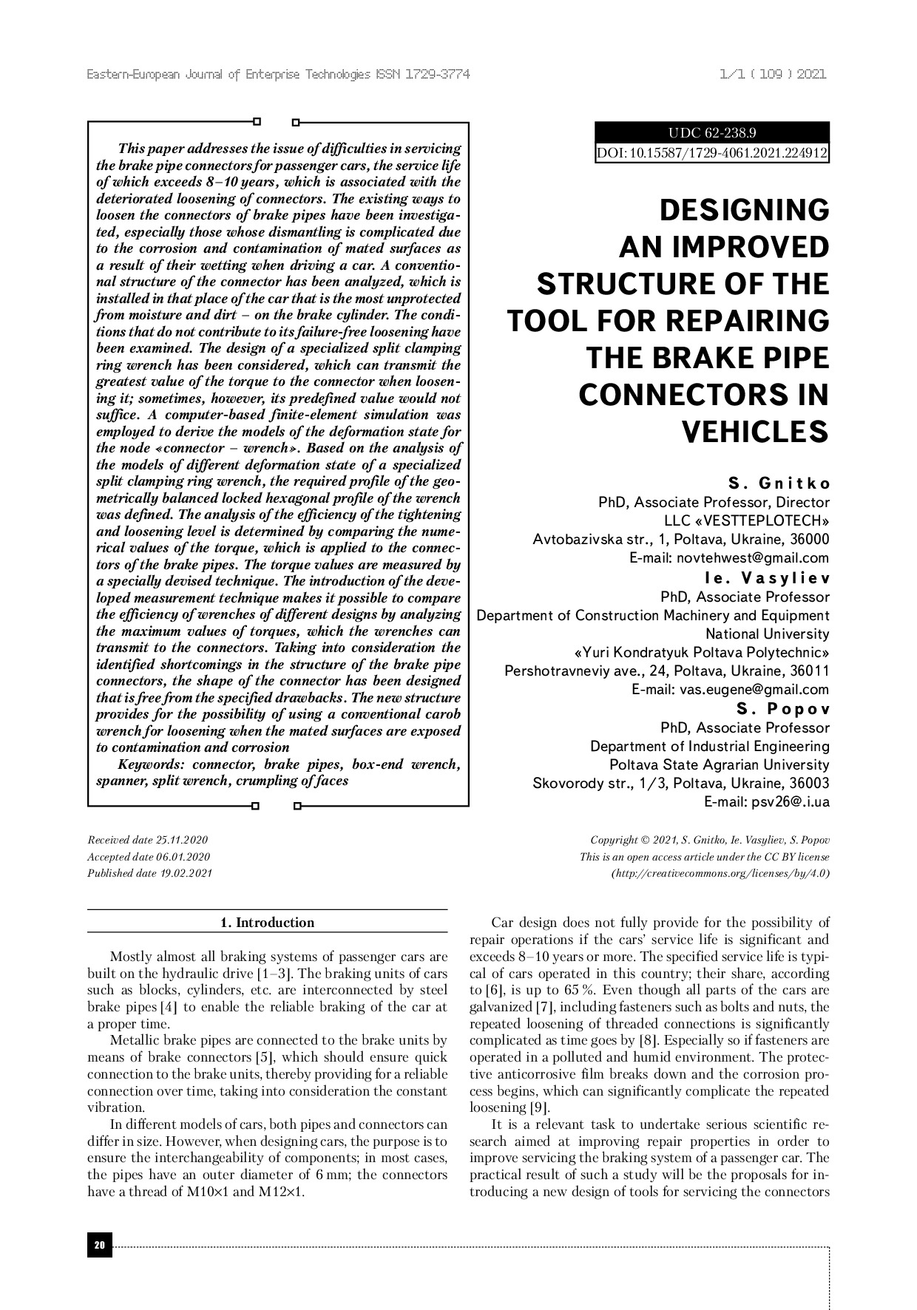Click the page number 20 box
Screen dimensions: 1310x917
tap(100, 1246)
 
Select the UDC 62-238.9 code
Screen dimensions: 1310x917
tap(712, 133)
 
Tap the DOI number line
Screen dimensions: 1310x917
tap(712, 153)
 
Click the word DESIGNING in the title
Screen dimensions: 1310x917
tap(744, 210)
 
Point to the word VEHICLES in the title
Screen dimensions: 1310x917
tap(754, 431)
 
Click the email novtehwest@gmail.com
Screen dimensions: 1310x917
tap(729, 558)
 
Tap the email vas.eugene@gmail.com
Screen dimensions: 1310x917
tap(730, 690)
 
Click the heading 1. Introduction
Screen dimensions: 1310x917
tap(268, 922)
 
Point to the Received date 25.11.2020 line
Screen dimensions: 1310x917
tap(148, 840)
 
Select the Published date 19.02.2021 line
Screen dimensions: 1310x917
tap(150, 873)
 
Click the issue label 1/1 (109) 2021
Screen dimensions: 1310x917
tap(772, 75)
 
